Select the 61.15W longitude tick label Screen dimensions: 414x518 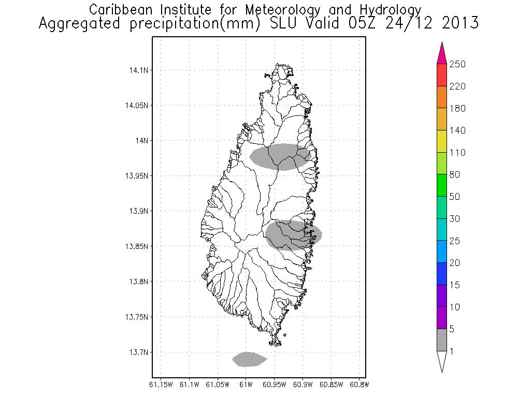click(x=161, y=385)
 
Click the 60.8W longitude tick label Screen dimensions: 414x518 click(x=359, y=385)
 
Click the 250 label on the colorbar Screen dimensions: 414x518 click(x=458, y=64)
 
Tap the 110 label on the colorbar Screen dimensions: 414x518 click(x=458, y=153)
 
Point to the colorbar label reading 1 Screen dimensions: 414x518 click(x=452, y=351)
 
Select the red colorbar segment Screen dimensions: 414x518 click(x=442, y=75)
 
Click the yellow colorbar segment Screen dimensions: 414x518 click(x=442, y=141)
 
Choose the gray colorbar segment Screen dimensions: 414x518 click(x=442, y=340)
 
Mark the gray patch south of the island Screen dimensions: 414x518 click(x=249, y=359)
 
